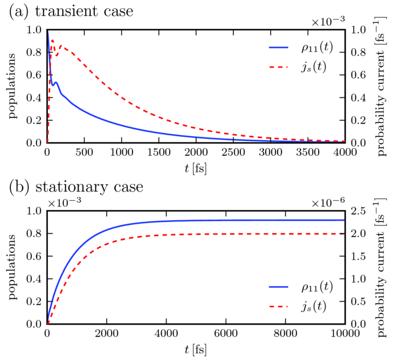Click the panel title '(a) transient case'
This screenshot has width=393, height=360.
[70, 11]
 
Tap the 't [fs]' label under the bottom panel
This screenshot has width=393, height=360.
[195, 348]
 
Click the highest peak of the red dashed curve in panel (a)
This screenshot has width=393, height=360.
[52, 40]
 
